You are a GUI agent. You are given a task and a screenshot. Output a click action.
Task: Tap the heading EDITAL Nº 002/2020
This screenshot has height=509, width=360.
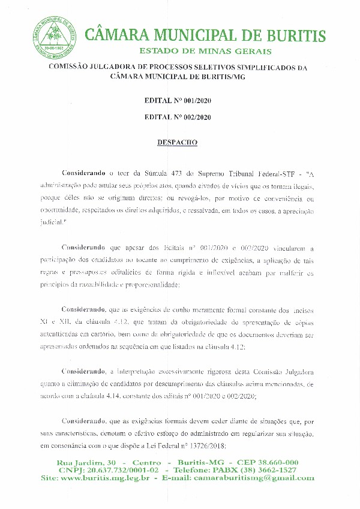[178, 118]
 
